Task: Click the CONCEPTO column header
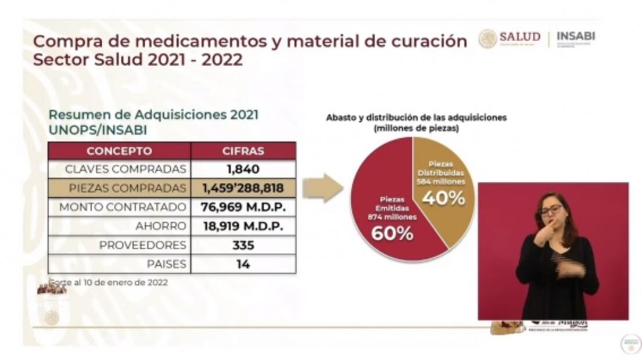click(x=119, y=152)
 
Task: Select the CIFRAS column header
click(x=243, y=152)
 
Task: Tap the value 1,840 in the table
click(x=243, y=170)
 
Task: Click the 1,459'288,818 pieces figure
click(x=243, y=188)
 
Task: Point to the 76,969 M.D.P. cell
click(x=243, y=207)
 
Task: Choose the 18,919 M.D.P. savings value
click(x=243, y=226)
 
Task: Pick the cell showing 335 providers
click(x=243, y=245)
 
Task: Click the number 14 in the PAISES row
click(x=243, y=264)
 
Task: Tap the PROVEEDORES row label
click(x=142, y=245)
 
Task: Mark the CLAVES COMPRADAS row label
click(x=125, y=170)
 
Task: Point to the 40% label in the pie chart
click(x=443, y=198)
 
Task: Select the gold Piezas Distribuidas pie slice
click(x=444, y=174)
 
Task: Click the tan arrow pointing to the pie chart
click(x=322, y=188)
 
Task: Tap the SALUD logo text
click(x=519, y=37)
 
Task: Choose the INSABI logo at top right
click(x=576, y=37)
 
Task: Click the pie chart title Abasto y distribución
click(x=416, y=118)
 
